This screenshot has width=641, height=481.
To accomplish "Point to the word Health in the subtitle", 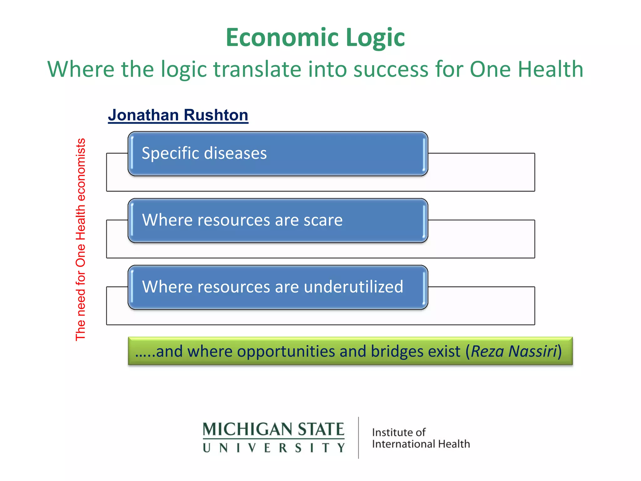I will tap(551, 69).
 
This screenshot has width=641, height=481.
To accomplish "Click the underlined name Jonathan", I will tap(143, 115).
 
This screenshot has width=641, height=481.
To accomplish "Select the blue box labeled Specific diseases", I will tap(278, 153).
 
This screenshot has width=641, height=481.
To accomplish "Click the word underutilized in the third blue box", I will tap(353, 287).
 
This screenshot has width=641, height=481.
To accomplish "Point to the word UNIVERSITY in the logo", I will tap(273, 448).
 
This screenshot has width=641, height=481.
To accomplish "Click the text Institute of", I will tap(398, 432).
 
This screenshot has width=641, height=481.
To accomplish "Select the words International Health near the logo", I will tap(421, 444).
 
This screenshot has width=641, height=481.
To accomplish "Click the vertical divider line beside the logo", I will tap(358, 438).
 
